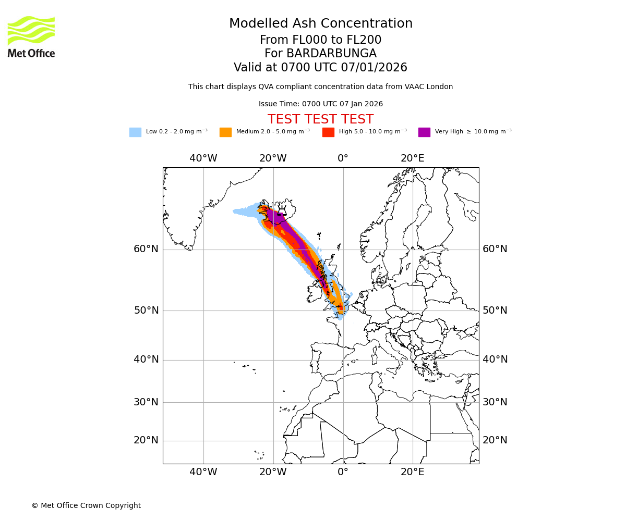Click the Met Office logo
point(31,36)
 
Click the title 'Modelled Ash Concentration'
point(320,24)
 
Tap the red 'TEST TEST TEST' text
point(320,120)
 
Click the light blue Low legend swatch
point(135,132)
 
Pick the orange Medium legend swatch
point(225,132)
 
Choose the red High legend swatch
point(328,132)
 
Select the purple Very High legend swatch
point(424,132)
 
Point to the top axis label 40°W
point(203,158)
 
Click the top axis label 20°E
point(412,158)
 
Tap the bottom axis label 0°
point(343,473)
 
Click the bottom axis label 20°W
point(273,473)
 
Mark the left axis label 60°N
point(146,249)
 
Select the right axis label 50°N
point(495,311)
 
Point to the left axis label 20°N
point(146,440)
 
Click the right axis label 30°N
point(495,402)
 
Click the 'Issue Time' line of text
point(320,104)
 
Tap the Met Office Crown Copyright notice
point(86,506)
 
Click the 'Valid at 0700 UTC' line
point(320,68)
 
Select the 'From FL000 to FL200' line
point(320,40)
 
